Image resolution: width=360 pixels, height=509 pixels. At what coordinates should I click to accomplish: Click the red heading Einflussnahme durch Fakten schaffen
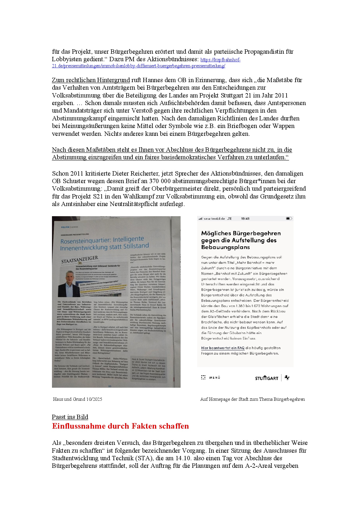(120, 426)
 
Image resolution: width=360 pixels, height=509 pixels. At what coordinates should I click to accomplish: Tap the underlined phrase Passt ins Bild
(70, 417)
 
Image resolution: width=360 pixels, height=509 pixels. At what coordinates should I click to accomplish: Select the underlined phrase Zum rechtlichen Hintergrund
(91, 80)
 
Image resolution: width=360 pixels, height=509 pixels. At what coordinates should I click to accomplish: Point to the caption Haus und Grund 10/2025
(78, 399)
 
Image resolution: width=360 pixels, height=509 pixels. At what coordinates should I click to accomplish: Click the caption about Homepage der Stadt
(253, 399)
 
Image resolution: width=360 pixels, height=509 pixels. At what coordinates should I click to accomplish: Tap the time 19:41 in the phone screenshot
(245, 219)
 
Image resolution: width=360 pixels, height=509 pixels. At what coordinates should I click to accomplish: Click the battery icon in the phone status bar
(289, 219)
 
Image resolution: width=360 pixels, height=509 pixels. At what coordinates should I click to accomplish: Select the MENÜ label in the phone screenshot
(215, 378)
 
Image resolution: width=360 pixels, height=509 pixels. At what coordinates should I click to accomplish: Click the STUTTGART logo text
(267, 378)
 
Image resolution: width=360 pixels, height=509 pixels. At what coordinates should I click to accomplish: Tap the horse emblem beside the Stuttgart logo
(287, 378)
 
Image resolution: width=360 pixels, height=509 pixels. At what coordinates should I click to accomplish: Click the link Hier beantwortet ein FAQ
(223, 348)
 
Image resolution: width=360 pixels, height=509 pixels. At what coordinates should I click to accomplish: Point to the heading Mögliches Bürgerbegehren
(241, 233)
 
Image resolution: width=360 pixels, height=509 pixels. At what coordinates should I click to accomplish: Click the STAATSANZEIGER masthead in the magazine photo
(80, 259)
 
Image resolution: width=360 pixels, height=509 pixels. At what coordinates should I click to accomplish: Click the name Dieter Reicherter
(135, 174)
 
